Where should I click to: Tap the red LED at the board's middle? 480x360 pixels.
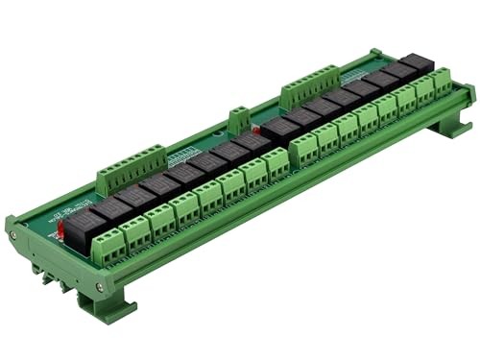point(256,129)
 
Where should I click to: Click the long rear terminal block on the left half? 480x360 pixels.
point(131,164)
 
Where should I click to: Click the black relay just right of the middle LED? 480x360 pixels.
point(280,125)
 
